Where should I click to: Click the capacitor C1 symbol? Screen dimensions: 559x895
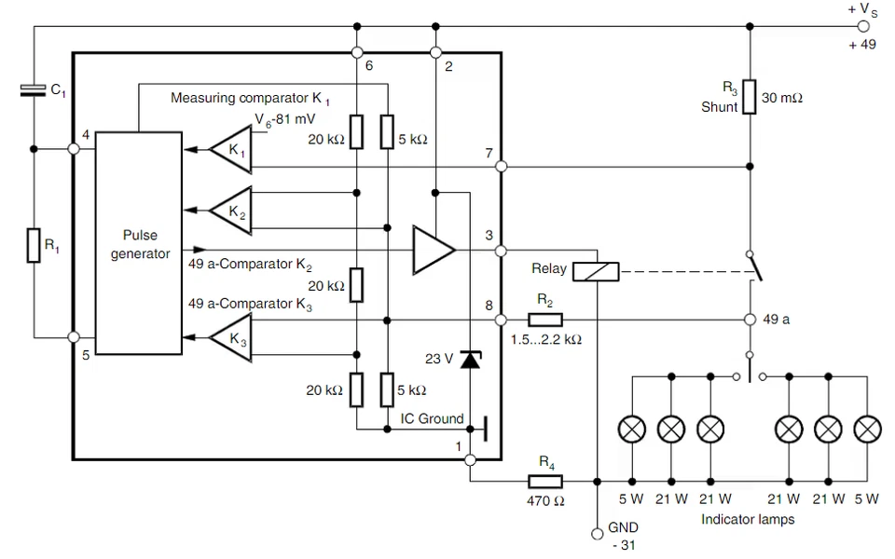pos(34,89)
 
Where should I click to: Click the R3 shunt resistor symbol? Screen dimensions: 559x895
pos(750,97)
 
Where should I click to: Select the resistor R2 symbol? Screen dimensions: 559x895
pos(544,320)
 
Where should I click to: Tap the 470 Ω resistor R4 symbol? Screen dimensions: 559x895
pos(545,482)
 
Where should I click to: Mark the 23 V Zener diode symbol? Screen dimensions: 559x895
pos(470,359)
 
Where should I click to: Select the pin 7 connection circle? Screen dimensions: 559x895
pos(502,167)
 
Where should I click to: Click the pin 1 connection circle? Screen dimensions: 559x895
pos(470,459)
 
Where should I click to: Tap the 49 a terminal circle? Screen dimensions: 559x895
pos(750,320)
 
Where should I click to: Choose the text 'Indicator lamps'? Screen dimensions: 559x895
pos(748,519)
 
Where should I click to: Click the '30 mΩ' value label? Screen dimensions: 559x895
pos(781,97)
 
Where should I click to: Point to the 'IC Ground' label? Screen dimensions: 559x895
pos(432,418)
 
